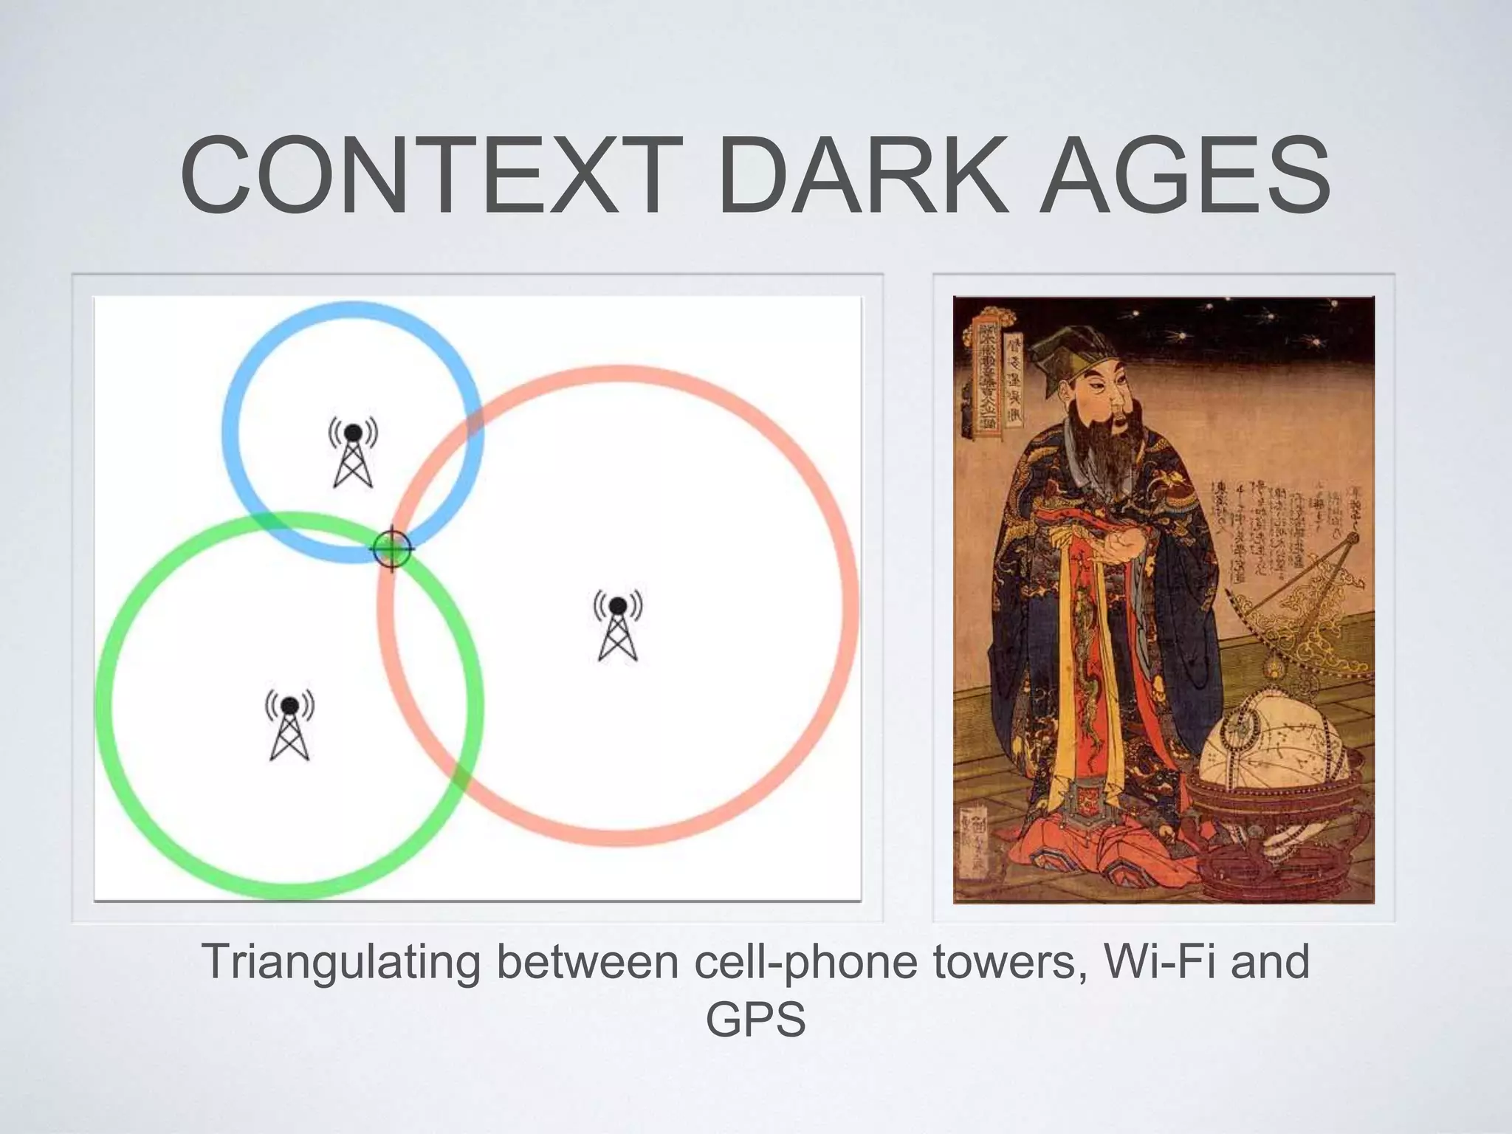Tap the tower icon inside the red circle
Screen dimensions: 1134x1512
coord(618,625)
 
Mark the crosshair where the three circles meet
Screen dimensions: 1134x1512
coord(391,549)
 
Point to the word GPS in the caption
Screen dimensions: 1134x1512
coord(755,1020)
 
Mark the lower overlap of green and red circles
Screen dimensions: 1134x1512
coord(461,775)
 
